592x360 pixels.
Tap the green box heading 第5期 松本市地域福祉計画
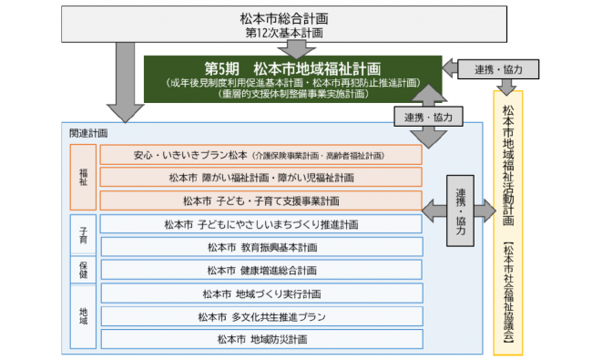pos(292,67)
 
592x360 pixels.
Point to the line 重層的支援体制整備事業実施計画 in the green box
pos(292,93)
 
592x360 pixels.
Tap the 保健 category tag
pos(83,271)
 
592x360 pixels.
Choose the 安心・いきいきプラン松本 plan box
pos(261,154)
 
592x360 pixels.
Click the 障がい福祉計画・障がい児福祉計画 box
pos(261,178)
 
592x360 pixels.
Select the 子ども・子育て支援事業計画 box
pos(261,201)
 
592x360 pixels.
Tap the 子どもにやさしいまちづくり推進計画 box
pos(261,224)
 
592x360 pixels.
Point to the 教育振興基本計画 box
pos(261,247)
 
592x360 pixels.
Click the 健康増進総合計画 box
pos(261,271)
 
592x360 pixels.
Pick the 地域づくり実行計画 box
pos(261,293)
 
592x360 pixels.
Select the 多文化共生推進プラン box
pos(261,317)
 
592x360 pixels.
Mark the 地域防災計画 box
pos(261,340)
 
